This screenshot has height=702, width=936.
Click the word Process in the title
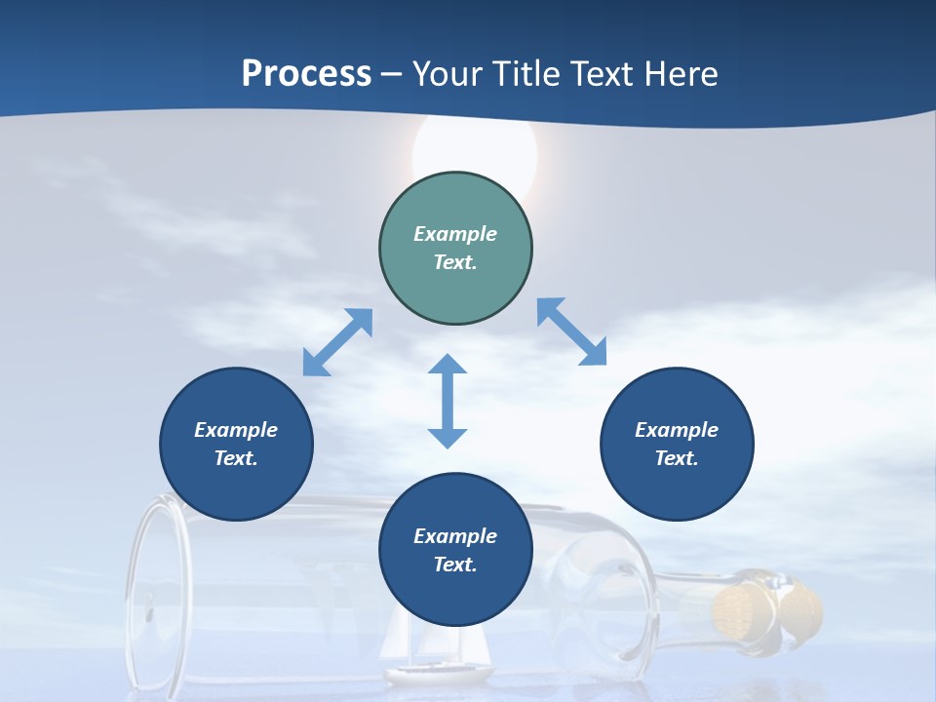pos(306,73)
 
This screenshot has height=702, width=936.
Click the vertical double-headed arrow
pos(448,401)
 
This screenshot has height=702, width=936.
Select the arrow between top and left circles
pos(337,342)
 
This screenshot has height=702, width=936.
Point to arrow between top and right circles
pos(572,331)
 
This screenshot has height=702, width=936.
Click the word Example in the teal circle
pos(455,234)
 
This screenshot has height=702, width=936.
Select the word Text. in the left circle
pos(236,458)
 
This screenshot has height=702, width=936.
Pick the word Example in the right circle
pos(677,430)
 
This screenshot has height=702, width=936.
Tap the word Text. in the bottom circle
pos(455,565)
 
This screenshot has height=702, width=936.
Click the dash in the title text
pos(391,74)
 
